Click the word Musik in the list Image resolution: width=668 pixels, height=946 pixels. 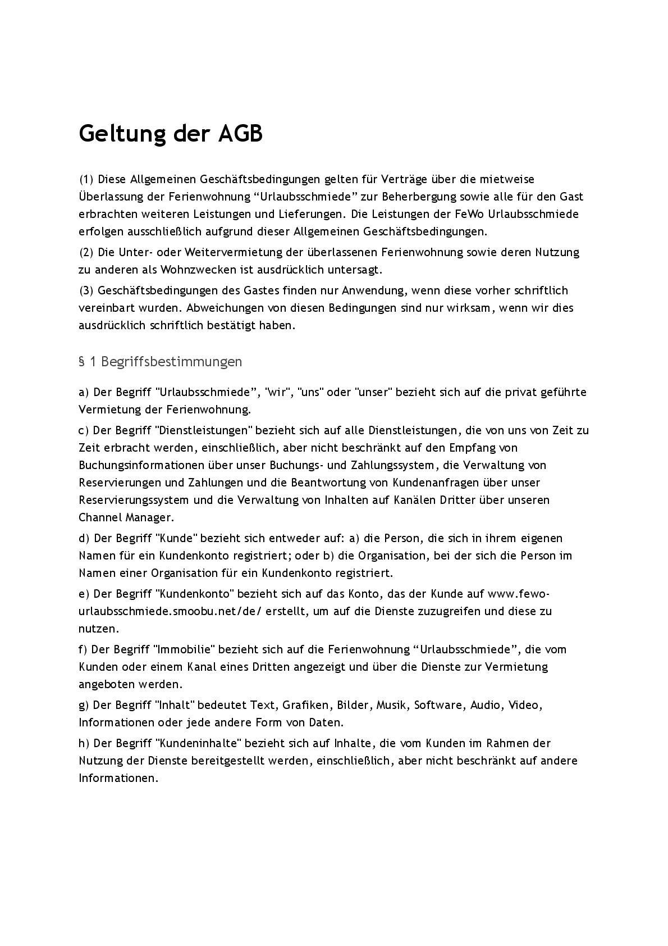click(x=391, y=705)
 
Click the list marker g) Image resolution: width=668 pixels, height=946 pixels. click(x=84, y=705)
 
